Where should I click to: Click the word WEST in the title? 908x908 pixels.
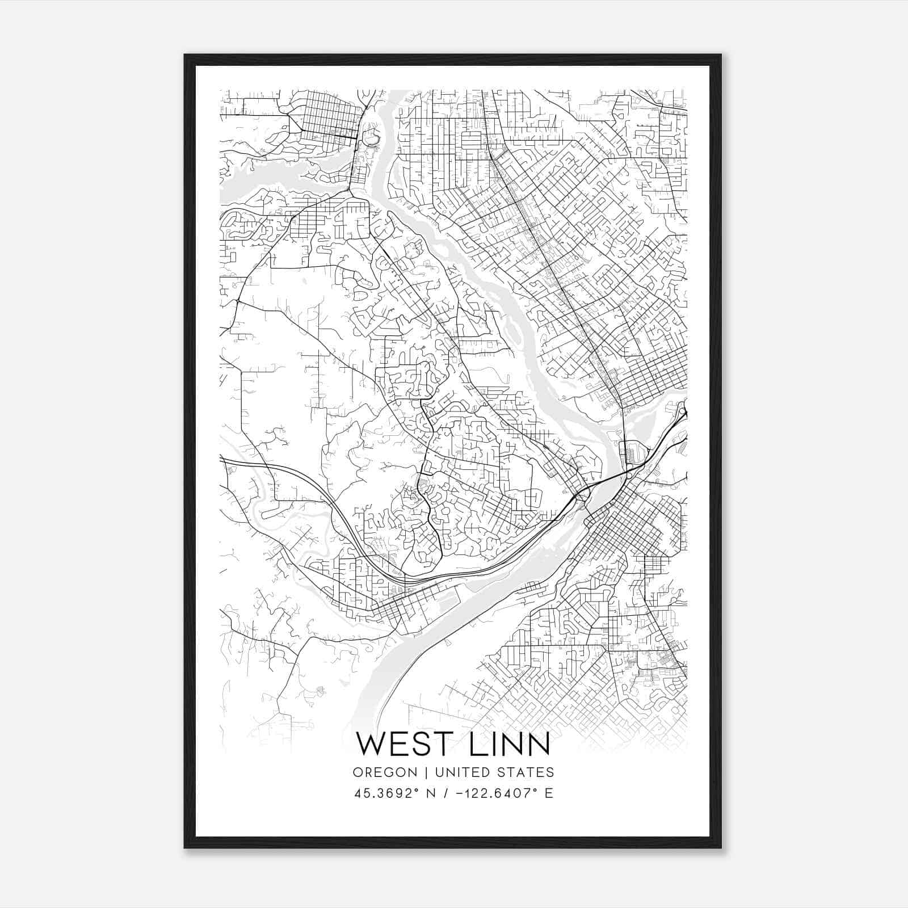tap(400, 745)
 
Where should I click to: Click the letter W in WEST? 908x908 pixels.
tap(372, 745)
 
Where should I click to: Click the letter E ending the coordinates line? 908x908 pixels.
tap(548, 793)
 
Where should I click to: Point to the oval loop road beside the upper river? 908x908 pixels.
tap(372, 138)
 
